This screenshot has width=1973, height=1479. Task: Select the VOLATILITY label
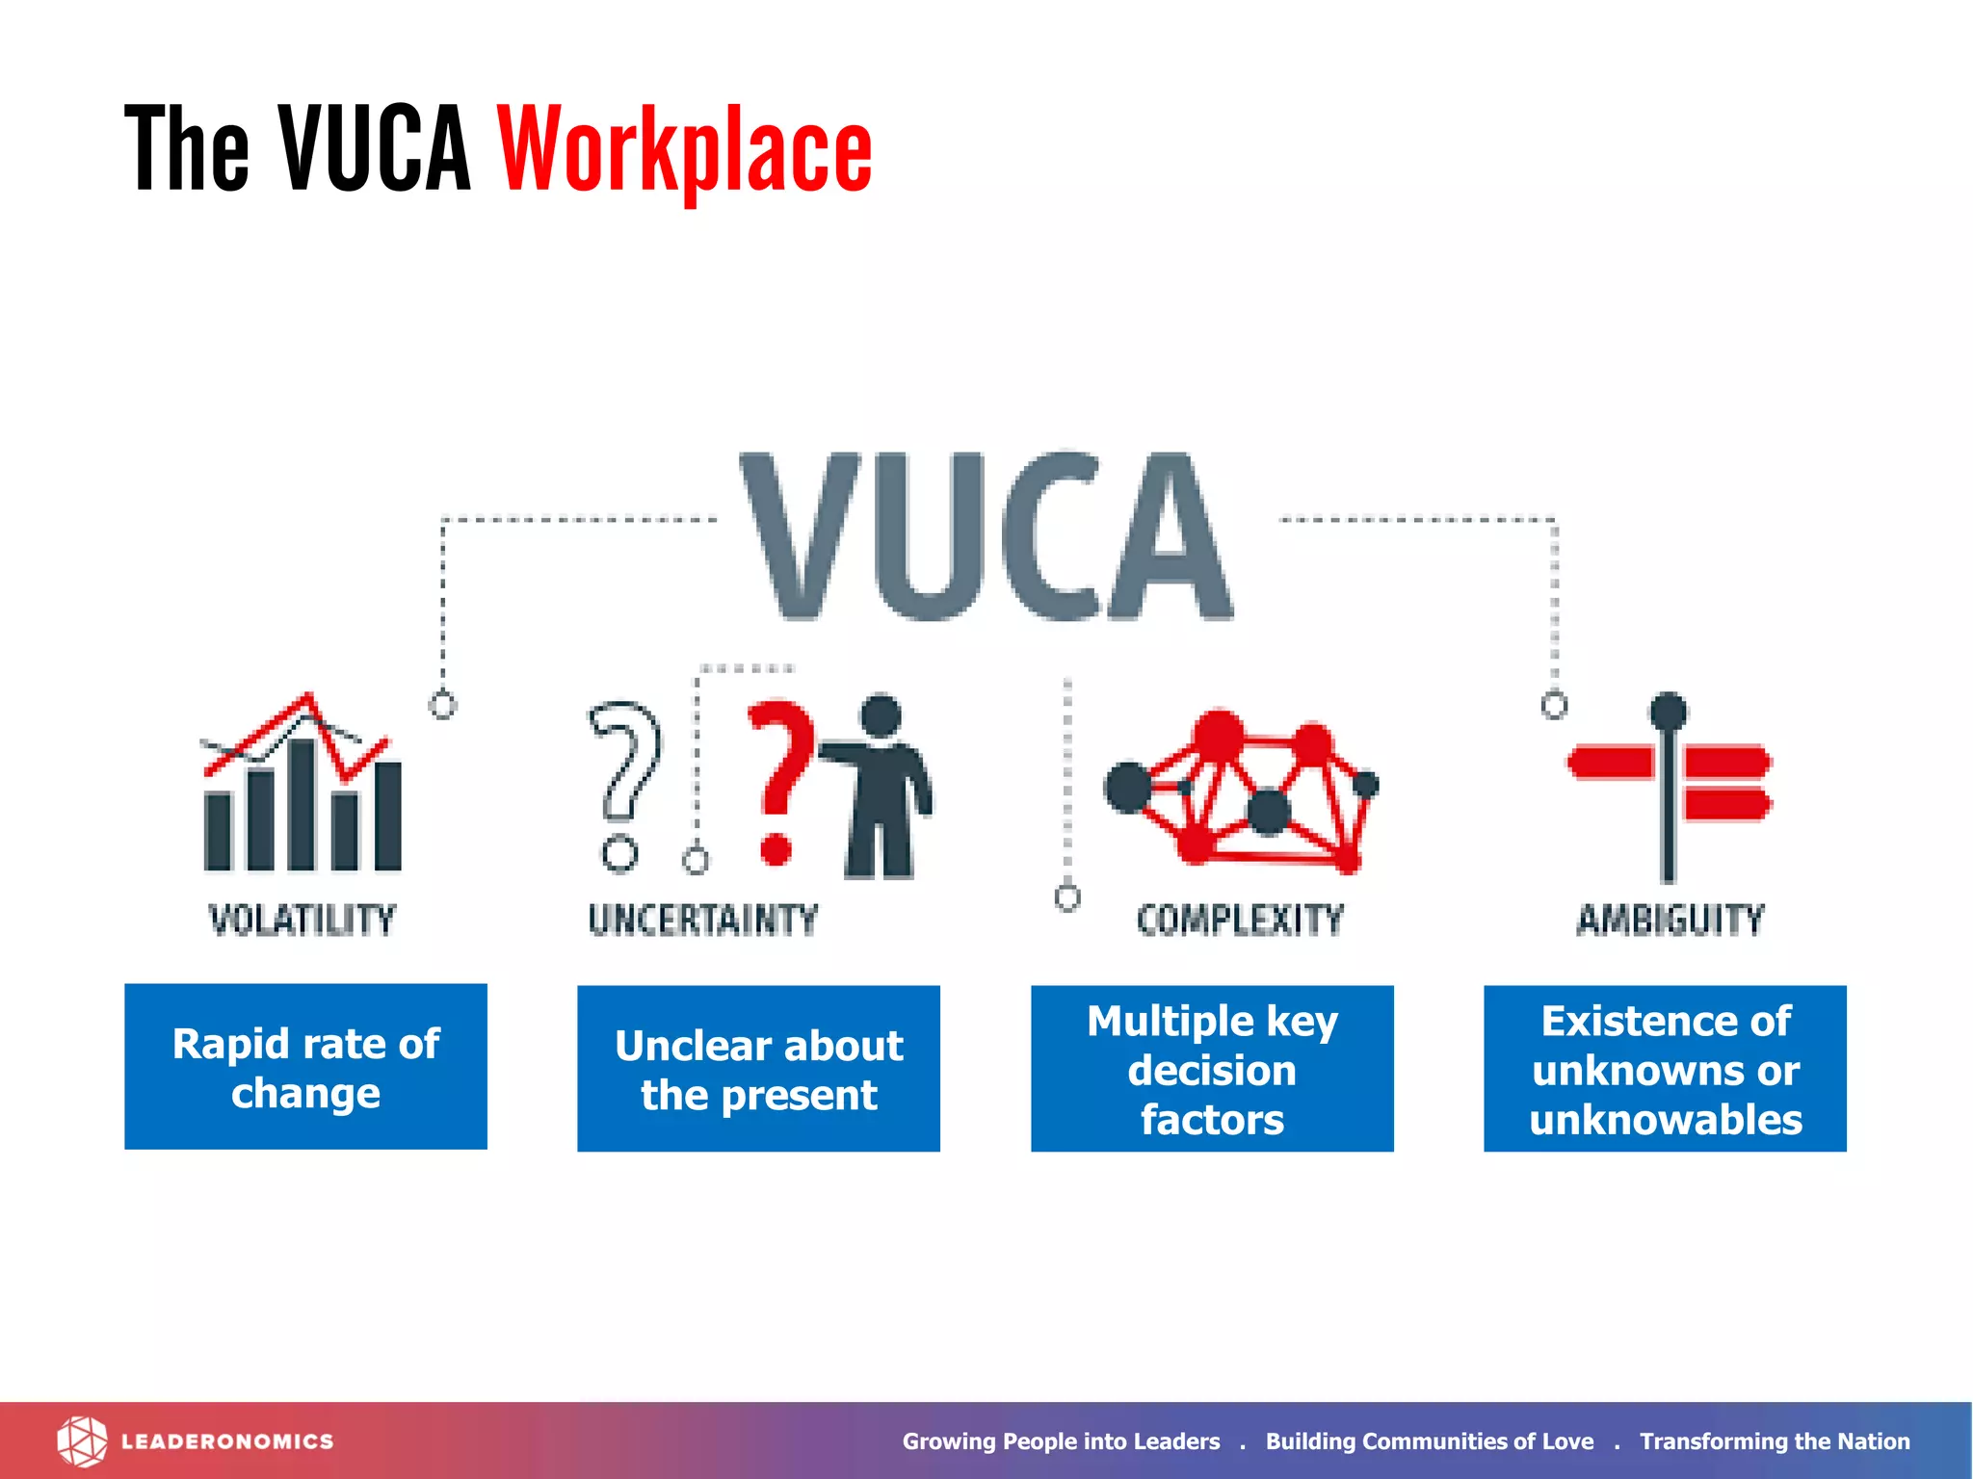click(x=303, y=920)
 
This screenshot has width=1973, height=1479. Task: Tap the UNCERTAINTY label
click(x=703, y=920)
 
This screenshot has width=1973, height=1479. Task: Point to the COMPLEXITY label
click(x=1240, y=920)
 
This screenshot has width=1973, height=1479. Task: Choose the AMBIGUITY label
click(x=1670, y=920)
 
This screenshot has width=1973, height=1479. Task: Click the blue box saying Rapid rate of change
click(x=305, y=1067)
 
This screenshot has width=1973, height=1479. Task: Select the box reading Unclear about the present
click(x=758, y=1069)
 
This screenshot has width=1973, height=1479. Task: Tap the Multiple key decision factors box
click(x=1212, y=1069)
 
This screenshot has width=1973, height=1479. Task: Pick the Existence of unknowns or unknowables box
click(x=1665, y=1069)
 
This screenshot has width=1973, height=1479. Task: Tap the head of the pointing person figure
click(x=881, y=717)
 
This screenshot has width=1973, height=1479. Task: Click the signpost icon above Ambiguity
click(x=1669, y=785)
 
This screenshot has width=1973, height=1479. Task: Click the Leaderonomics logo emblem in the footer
click(x=82, y=1441)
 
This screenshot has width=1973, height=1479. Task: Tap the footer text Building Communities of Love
click(x=1430, y=1441)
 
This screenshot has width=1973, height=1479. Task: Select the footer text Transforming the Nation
click(x=1775, y=1441)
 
